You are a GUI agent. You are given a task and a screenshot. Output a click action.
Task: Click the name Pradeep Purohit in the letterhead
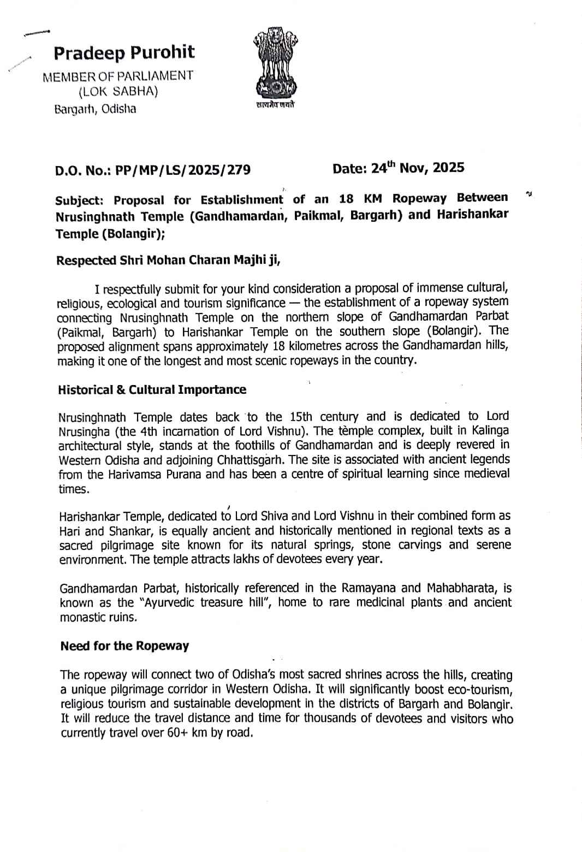point(124,52)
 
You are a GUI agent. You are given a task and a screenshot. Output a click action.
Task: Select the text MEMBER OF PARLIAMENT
point(118,76)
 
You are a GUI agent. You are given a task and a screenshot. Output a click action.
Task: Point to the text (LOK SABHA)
point(118,91)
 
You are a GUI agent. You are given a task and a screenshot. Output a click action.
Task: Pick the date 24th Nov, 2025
point(418,168)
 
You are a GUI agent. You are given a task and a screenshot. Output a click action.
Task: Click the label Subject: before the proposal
point(80,200)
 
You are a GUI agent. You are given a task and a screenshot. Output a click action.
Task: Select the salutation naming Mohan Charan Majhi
point(168,260)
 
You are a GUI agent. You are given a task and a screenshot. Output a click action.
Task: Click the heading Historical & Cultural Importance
point(152,389)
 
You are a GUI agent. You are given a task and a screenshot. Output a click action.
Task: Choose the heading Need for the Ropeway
point(124,646)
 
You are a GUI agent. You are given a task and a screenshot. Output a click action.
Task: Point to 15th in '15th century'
point(300,417)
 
